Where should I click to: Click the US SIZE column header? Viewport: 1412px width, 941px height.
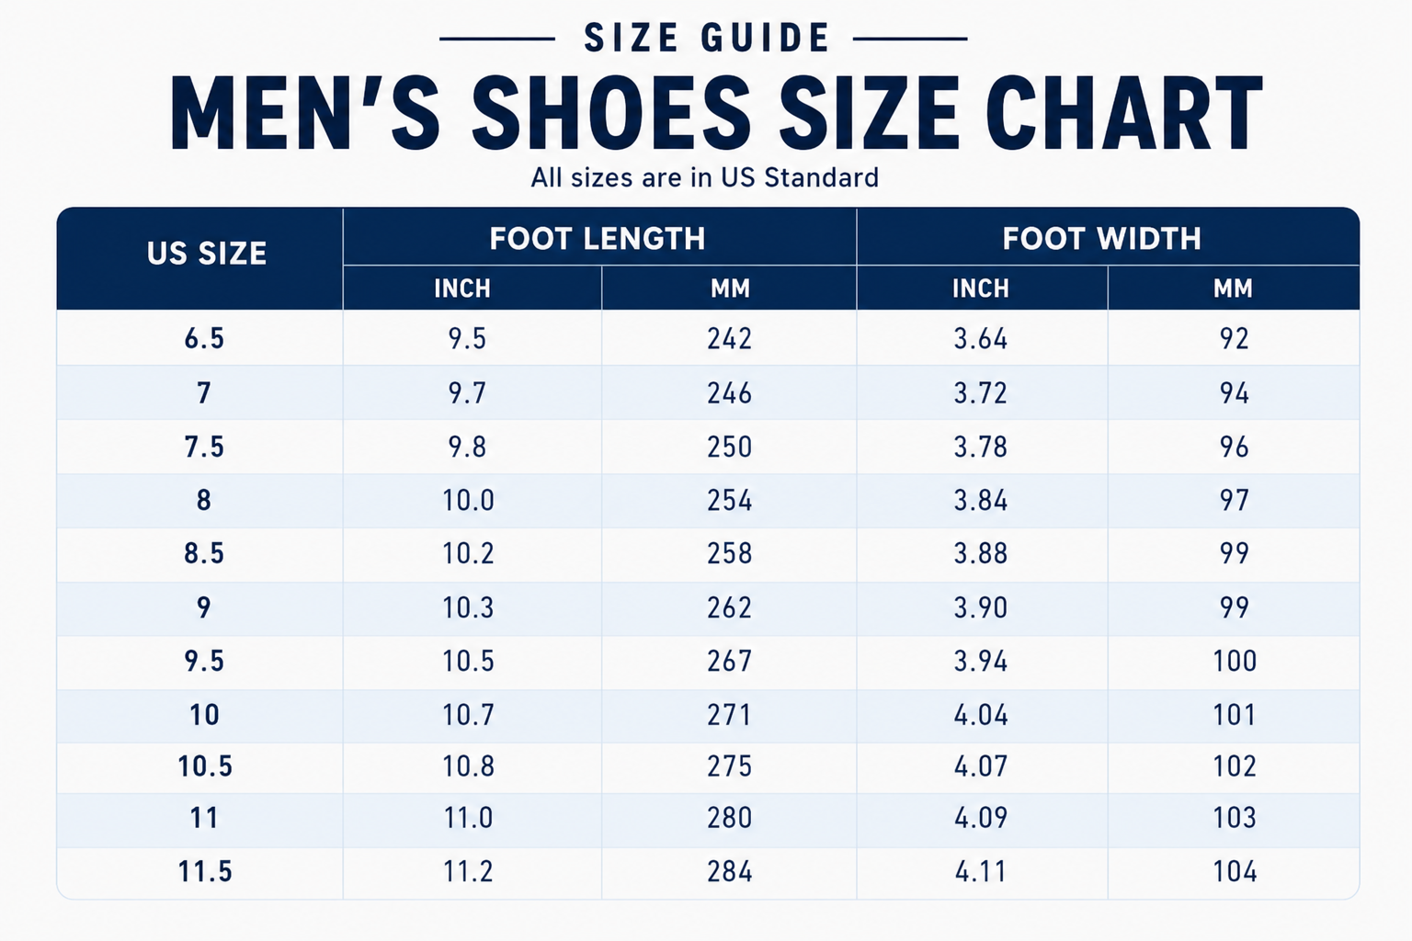207,254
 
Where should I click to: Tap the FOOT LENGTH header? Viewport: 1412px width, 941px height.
597,238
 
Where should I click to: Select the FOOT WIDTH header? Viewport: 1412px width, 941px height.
1102,238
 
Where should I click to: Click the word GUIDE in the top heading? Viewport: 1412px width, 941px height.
766,38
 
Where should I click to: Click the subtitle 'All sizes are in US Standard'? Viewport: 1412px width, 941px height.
705,177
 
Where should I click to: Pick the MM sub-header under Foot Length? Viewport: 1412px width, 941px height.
730,288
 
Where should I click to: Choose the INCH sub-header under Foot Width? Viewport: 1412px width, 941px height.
980,288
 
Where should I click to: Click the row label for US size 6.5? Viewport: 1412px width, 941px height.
204,338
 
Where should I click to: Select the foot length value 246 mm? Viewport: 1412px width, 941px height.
729,392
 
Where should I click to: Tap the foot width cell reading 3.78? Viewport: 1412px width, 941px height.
980,447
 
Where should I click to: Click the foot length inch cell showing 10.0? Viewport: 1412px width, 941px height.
468,500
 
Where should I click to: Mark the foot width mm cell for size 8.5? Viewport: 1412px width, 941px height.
1234,553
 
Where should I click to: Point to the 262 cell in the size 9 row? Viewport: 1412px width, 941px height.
729,607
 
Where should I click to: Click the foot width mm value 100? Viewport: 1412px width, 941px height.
1235,661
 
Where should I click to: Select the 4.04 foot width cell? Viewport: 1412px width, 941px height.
980,714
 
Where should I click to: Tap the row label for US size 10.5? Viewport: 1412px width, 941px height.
205,765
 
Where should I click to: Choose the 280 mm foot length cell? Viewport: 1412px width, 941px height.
729,818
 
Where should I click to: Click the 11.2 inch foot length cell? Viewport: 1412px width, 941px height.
468,871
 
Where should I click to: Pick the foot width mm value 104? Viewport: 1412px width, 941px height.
1235,871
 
